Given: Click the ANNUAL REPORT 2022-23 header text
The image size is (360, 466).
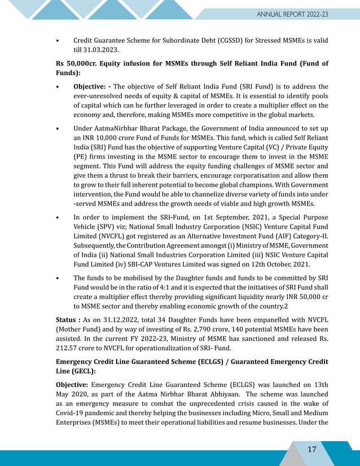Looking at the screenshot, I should [x=292, y=14].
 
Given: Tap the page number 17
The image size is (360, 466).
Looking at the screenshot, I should [x=312, y=449].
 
